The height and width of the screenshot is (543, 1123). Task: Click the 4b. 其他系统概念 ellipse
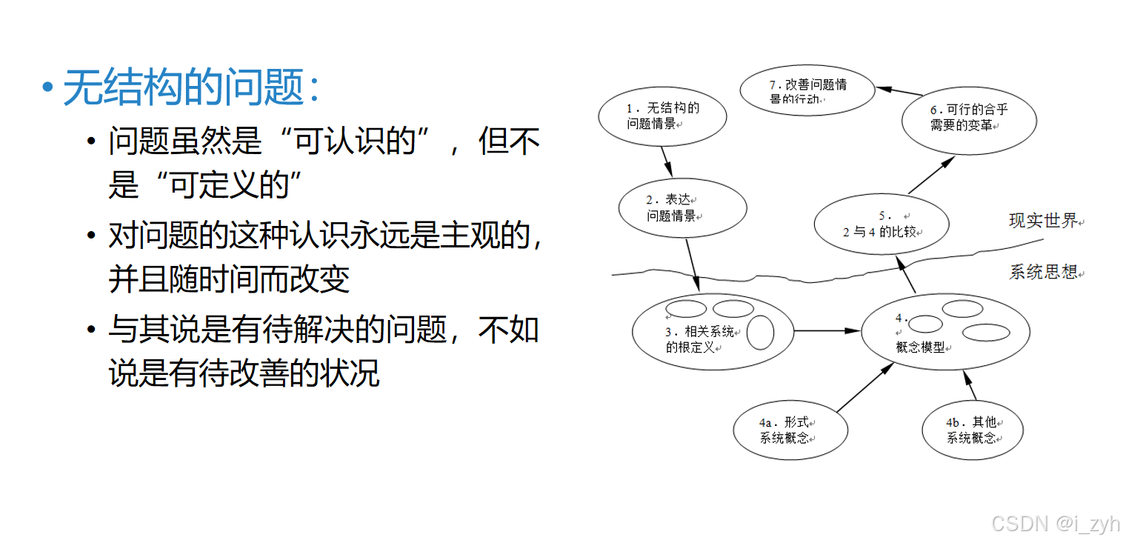click(972, 430)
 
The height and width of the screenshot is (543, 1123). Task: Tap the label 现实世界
click(1043, 221)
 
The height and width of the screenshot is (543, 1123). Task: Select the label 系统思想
click(1043, 272)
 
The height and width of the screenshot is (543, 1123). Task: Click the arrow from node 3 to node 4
click(827, 330)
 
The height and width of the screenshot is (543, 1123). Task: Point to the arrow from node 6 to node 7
click(899, 91)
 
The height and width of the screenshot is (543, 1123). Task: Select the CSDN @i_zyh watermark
click(1055, 524)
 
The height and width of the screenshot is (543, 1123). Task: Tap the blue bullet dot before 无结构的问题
click(48, 88)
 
